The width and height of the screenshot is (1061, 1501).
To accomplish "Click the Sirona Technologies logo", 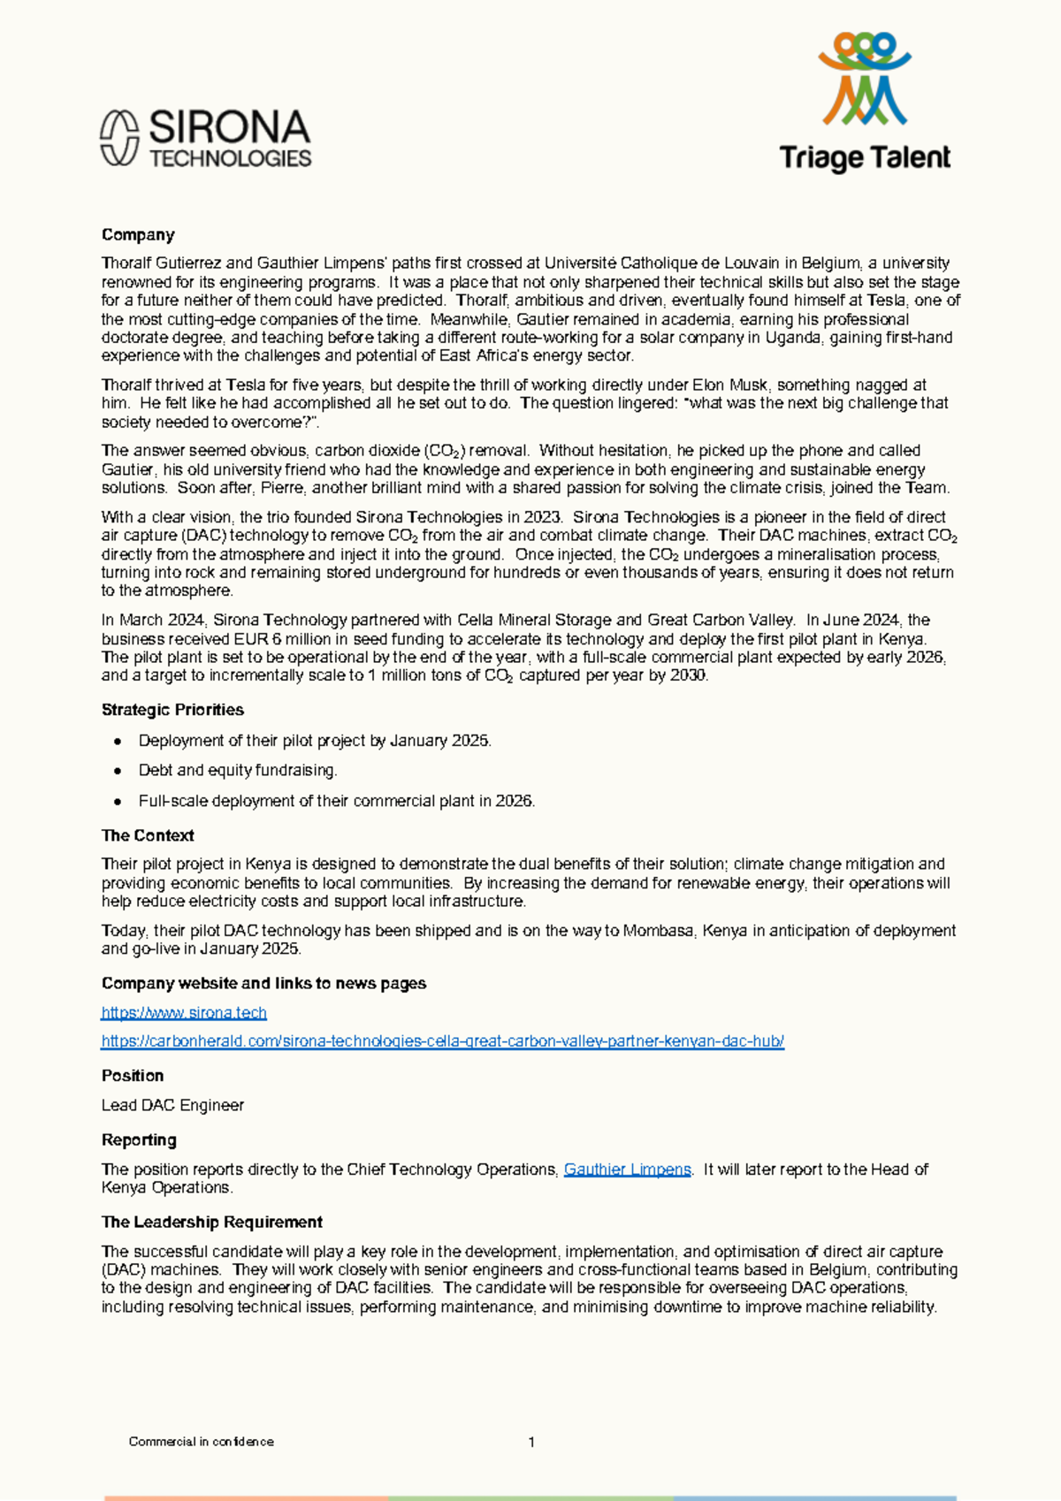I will pos(205,139).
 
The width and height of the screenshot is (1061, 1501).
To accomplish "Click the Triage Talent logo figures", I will pos(864,79).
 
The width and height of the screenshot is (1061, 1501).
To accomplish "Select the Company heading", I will pos(138,235).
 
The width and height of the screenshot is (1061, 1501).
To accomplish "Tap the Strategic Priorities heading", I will pos(172,710).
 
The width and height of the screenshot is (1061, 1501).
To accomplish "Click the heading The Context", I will pos(148,835).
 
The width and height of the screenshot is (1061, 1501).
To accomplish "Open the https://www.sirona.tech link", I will pos(184,1012).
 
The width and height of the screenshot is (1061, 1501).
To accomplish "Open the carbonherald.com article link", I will pos(442,1040).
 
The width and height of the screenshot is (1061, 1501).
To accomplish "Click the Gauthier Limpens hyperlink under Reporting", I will pos(627,1170).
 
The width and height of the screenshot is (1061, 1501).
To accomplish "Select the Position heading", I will pos(133,1076).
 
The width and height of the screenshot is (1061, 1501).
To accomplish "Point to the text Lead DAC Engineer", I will pos(172,1105).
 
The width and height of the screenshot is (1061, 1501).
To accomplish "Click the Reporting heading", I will pos(139,1140).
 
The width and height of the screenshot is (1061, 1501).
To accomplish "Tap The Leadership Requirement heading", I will pos(211,1223).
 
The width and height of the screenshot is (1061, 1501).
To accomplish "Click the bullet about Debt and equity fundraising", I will pos(237,771).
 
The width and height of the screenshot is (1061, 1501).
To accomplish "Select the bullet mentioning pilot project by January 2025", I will pos(314,741).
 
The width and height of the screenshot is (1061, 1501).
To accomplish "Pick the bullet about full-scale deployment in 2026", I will pos(336,801).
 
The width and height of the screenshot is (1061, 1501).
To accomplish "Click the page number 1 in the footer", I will pos(531,1442).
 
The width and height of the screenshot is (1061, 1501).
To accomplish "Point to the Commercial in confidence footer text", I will pos(201,1442).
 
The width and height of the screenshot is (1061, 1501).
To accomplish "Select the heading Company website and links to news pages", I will pos(263,984).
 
